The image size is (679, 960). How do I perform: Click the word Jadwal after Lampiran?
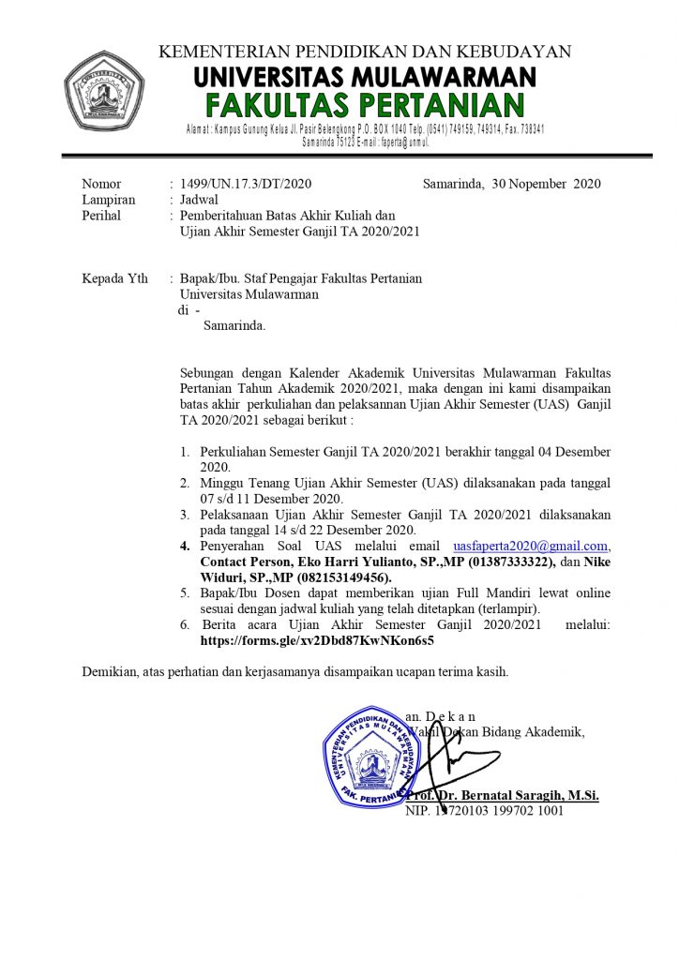tap(199, 200)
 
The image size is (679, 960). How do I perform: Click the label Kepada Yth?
tap(115, 278)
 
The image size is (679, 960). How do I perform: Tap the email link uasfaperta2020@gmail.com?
tap(531, 546)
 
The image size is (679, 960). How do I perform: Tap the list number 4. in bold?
tap(186, 546)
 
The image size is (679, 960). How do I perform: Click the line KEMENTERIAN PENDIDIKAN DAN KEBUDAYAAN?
tap(365, 52)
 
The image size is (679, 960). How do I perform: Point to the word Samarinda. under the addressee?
tap(234, 326)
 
